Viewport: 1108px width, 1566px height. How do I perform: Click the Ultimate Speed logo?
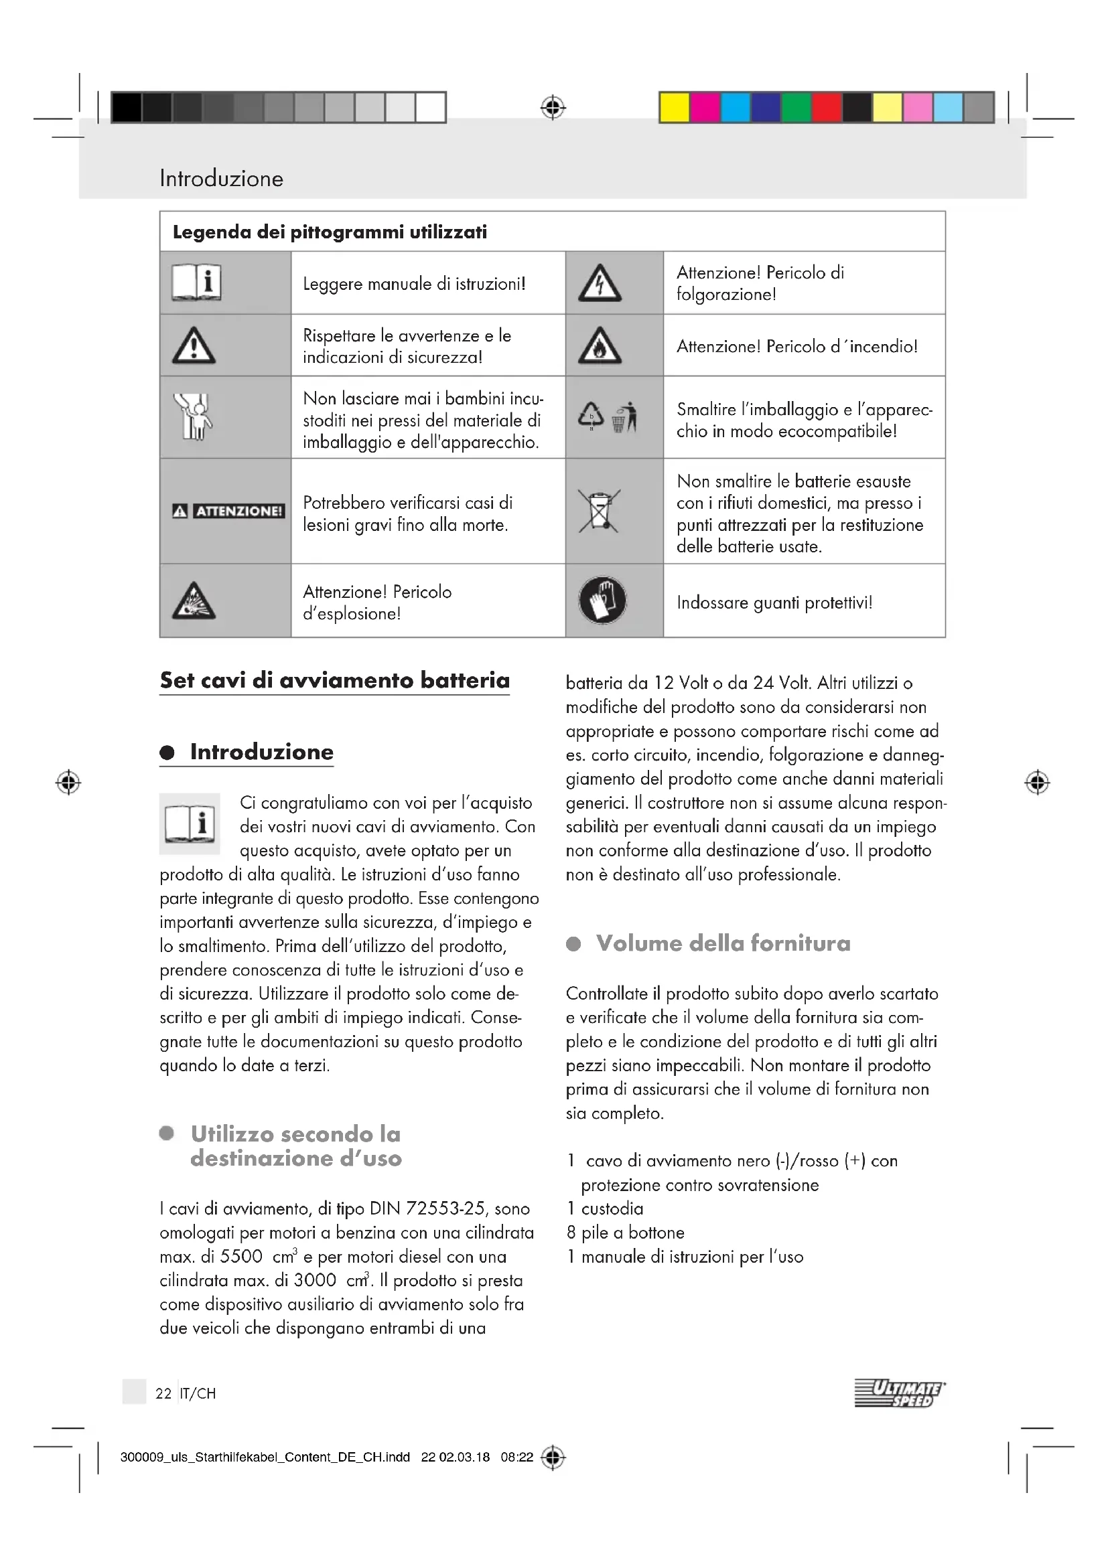pyautogui.click(x=899, y=1393)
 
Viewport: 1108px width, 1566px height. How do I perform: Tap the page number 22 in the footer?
pyautogui.click(x=163, y=1393)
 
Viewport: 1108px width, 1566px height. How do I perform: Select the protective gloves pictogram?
pyautogui.click(x=602, y=601)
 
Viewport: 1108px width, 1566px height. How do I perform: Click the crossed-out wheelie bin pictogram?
pyautogui.click(x=599, y=511)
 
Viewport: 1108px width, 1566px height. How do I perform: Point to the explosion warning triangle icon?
pyautogui.click(x=194, y=601)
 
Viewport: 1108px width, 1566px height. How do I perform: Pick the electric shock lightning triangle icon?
pyautogui.click(x=600, y=283)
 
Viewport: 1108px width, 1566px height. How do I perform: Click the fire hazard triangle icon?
pyautogui.click(x=600, y=345)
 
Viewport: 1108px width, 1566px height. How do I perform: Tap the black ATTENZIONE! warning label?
pyautogui.click(x=228, y=511)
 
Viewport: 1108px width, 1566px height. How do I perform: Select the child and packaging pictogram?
pyautogui.click(x=193, y=416)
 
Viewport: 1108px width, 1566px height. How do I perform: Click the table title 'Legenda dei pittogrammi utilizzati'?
pyautogui.click(x=330, y=232)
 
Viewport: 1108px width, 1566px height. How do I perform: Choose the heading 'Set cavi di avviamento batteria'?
pyautogui.click(x=334, y=680)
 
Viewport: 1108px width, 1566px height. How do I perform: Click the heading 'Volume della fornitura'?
pyautogui.click(x=723, y=943)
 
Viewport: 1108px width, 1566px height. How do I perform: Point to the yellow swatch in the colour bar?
pyautogui.click(x=674, y=108)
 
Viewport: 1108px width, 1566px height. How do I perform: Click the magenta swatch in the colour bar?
pyautogui.click(x=705, y=108)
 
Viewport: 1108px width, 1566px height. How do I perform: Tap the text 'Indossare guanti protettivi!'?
pyautogui.click(x=774, y=603)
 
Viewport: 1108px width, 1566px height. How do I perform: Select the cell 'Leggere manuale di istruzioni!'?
pyautogui.click(x=414, y=284)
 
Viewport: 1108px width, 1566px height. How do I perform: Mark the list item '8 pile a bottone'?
pyautogui.click(x=626, y=1233)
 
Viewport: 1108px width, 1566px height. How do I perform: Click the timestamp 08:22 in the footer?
pyautogui.click(x=516, y=1458)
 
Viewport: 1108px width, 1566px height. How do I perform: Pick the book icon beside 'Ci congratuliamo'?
pyautogui.click(x=190, y=824)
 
